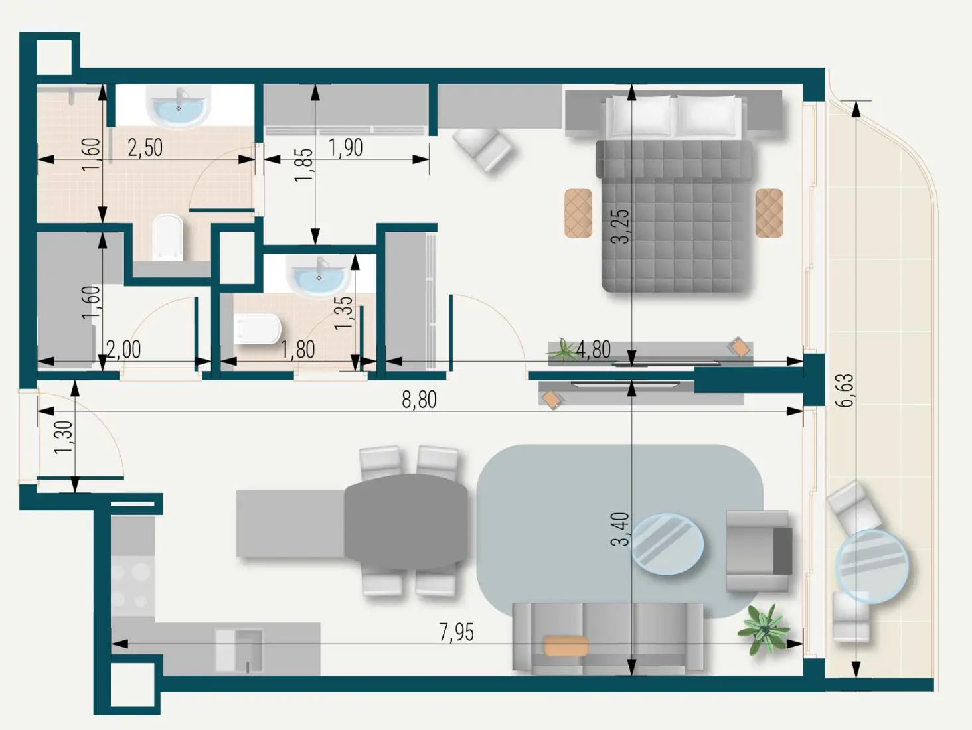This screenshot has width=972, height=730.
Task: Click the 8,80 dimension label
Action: pyautogui.click(x=419, y=400)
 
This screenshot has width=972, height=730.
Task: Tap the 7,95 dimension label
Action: pyautogui.click(x=456, y=632)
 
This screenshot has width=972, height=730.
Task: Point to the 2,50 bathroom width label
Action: pyautogui.click(x=145, y=147)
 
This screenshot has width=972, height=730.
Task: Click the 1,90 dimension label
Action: pyautogui.click(x=345, y=147)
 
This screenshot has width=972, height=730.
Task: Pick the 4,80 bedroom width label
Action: pyautogui.click(x=593, y=349)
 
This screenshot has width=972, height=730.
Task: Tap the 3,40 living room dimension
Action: pyautogui.click(x=619, y=529)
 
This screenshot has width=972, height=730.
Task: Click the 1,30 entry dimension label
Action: pyautogui.click(x=64, y=437)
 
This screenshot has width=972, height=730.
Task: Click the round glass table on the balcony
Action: pyautogui.click(x=871, y=566)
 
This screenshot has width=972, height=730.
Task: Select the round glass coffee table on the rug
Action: pyautogui.click(x=667, y=544)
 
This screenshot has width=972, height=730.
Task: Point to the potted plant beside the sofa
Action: pyautogui.click(x=764, y=628)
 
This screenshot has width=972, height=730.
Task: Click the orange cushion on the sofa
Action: pyautogui.click(x=566, y=646)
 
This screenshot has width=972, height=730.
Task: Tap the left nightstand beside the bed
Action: pyautogui.click(x=578, y=213)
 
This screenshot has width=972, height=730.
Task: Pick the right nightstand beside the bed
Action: pyautogui.click(x=769, y=213)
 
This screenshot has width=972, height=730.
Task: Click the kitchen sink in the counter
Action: pyautogui.click(x=240, y=650)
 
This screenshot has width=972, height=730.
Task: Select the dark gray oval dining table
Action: pyautogui.click(x=406, y=522)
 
